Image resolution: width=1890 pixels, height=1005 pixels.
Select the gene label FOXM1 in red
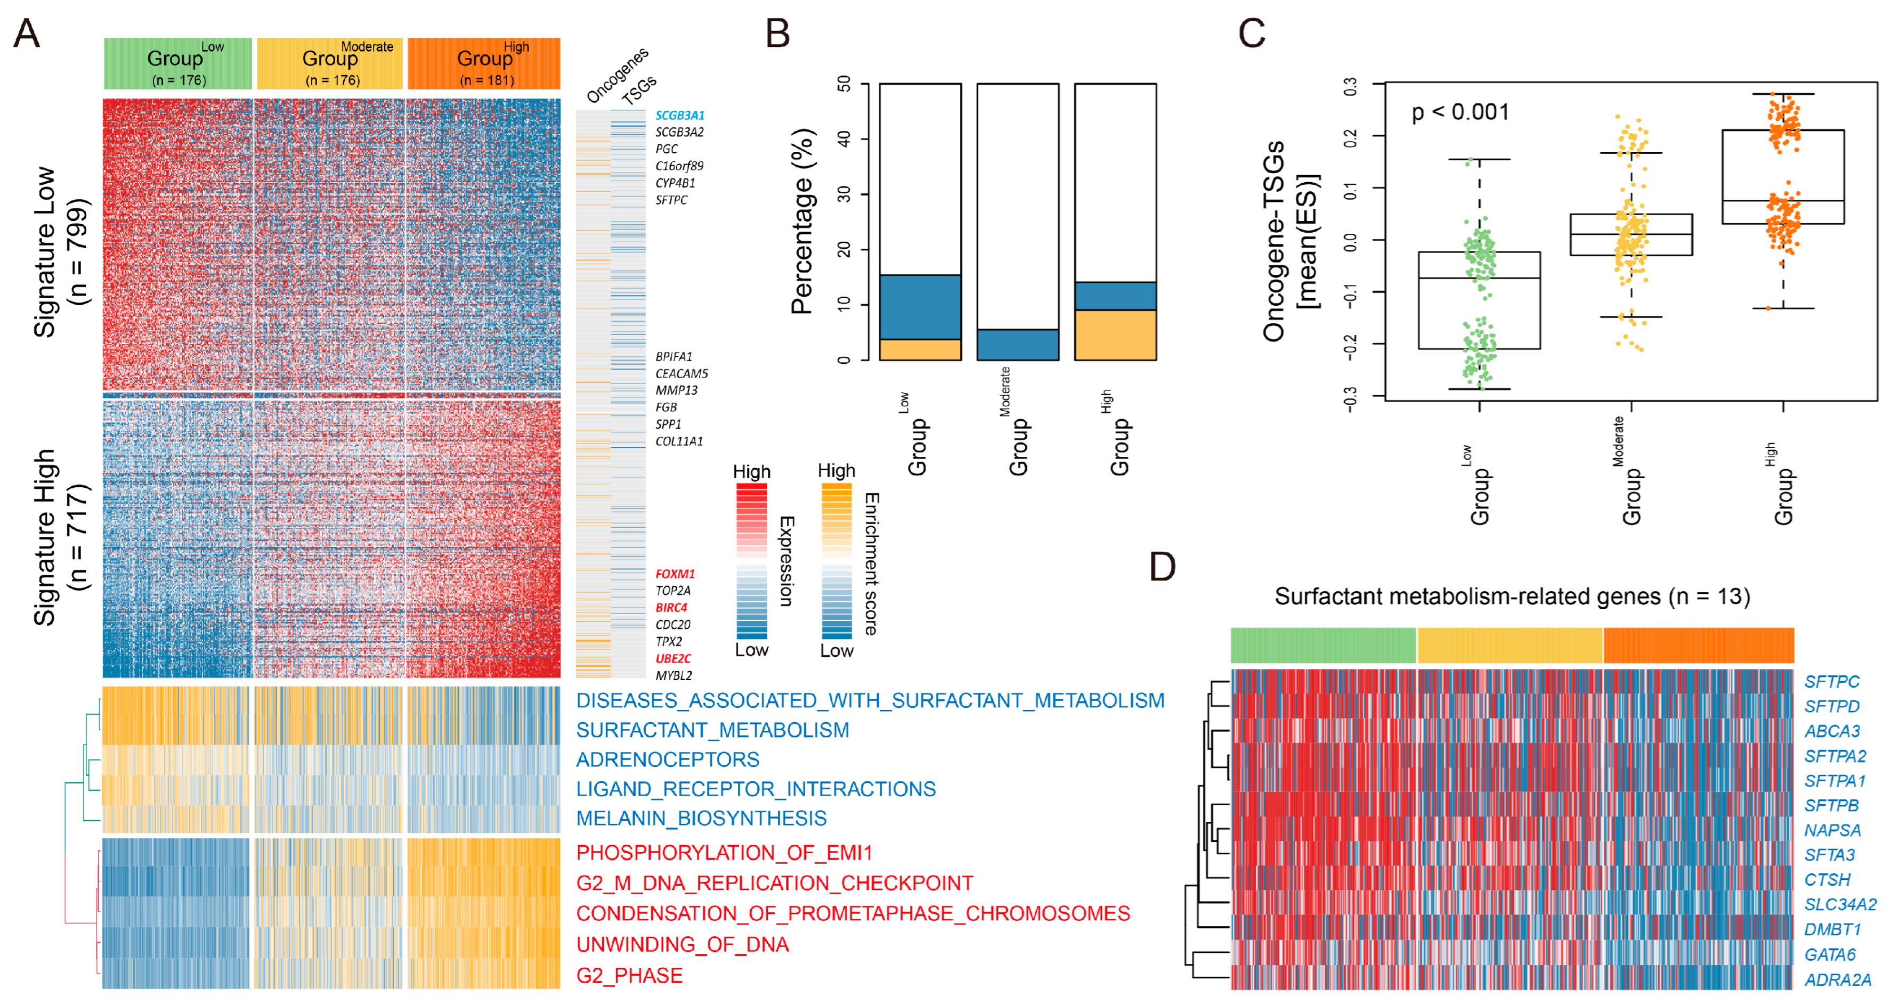[674, 574]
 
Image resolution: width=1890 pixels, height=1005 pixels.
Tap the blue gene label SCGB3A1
[679, 115]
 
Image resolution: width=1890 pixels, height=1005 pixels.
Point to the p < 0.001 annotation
[1460, 112]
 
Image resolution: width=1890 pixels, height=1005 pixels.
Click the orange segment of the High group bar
[1115, 334]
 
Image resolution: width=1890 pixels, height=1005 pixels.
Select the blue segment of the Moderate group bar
[1018, 344]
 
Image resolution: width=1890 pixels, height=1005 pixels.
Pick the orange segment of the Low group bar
[920, 349]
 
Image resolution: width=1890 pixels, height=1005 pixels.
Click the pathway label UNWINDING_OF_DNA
[683, 944]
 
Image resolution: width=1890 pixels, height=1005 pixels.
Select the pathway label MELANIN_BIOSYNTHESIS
[701, 818]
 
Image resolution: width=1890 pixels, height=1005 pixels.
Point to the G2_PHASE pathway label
[629, 976]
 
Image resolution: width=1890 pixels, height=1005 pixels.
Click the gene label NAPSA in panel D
[1832, 830]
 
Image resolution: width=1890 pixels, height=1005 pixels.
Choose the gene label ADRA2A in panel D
[1837, 979]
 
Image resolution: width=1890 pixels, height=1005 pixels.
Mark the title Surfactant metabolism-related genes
[1511, 597]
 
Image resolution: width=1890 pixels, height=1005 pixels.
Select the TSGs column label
[638, 90]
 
